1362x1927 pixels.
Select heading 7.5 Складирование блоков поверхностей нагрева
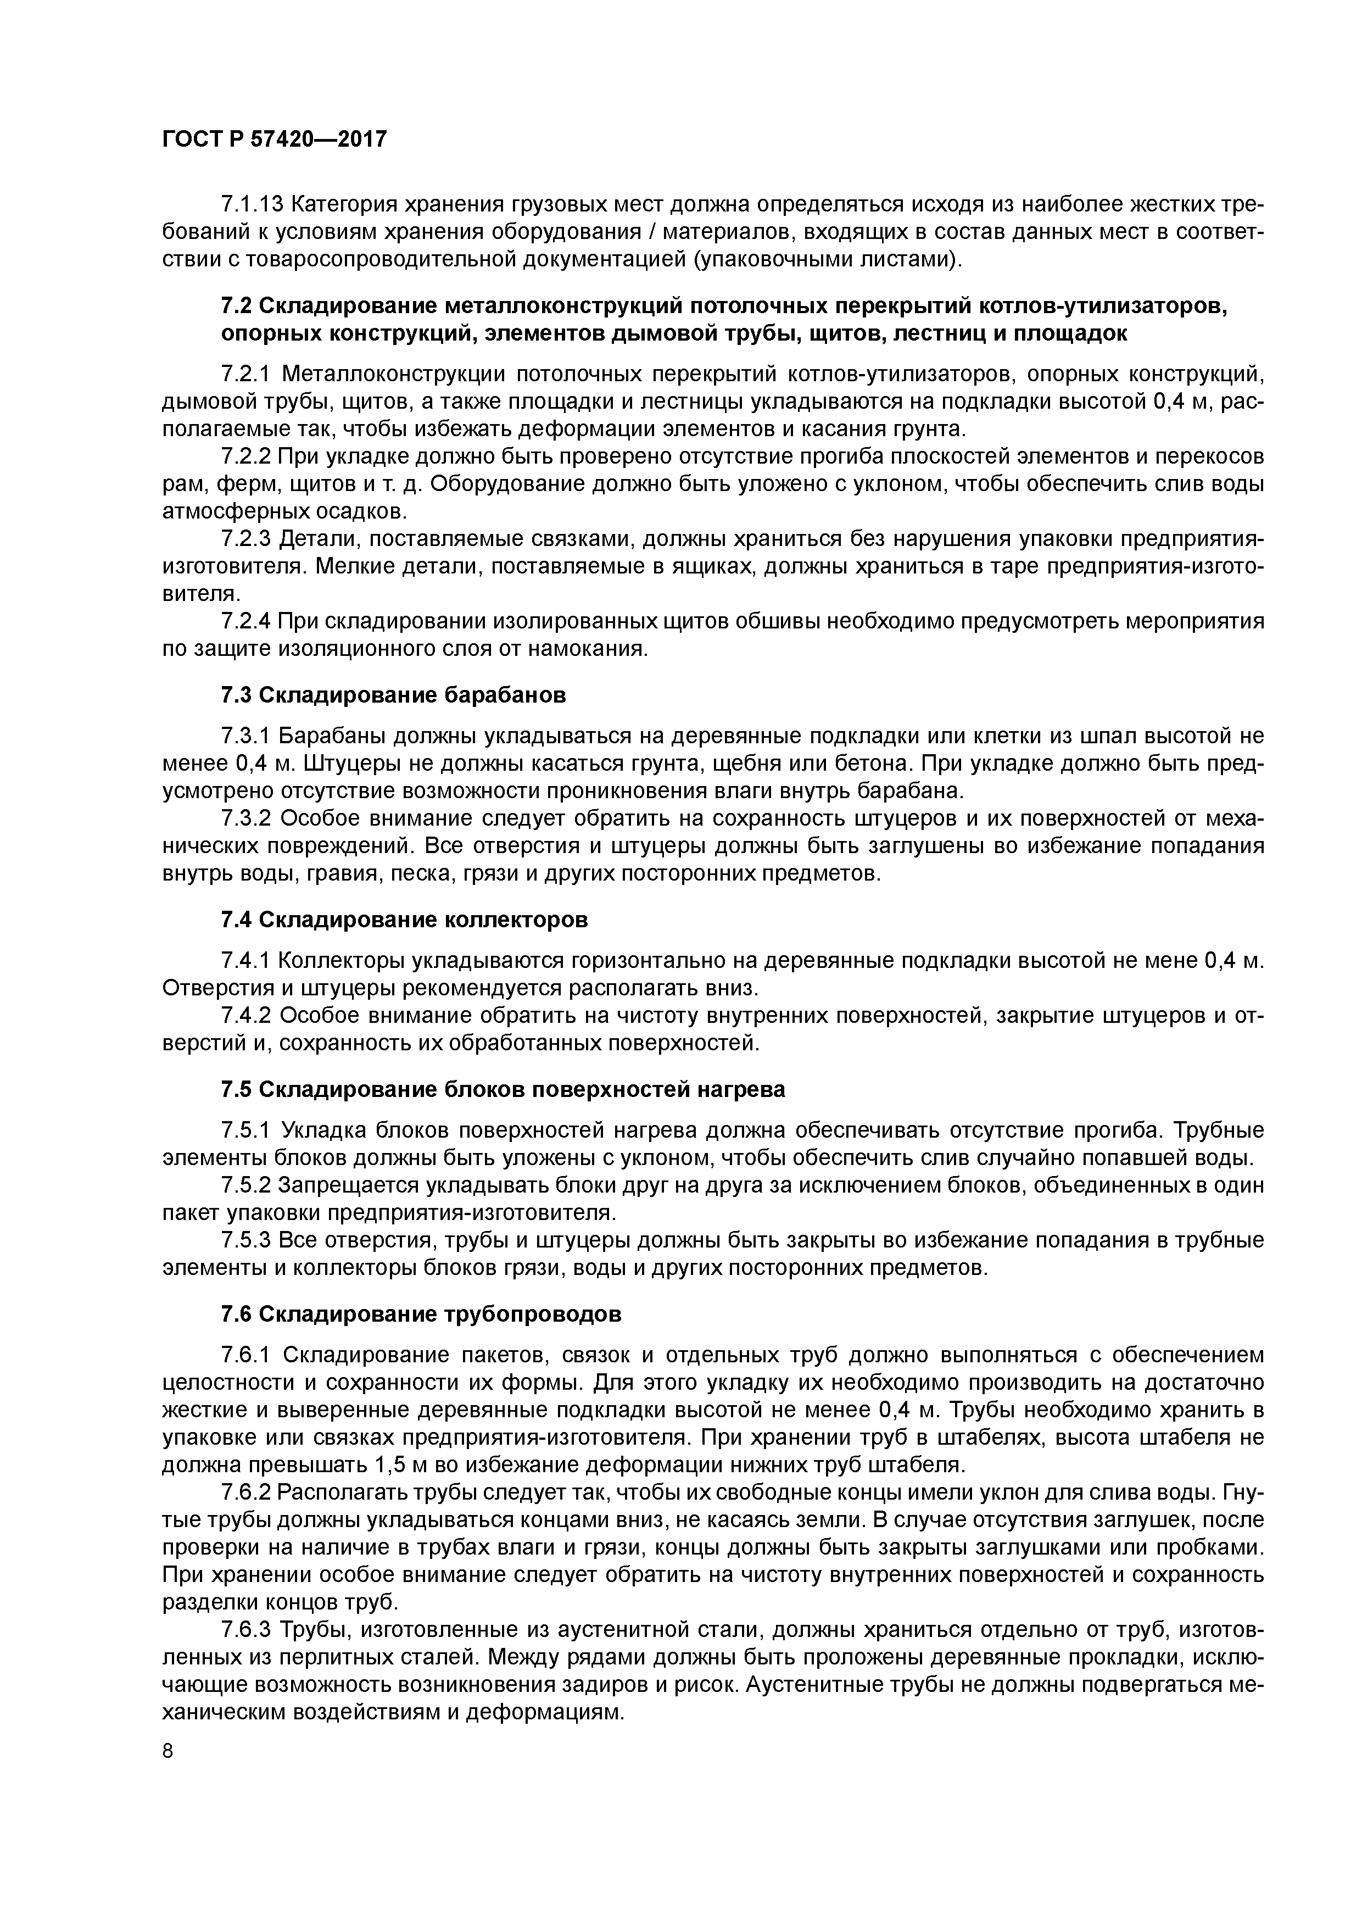pyautogui.click(x=503, y=1089)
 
